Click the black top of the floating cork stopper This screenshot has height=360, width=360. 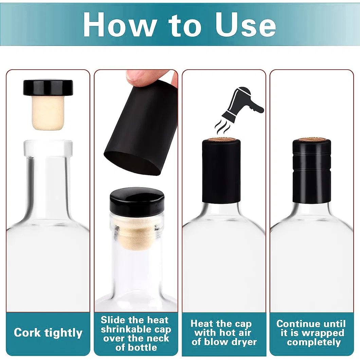[x=48, y=87]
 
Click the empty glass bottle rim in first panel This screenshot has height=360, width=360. [x=48, y=146]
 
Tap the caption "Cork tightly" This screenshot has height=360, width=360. [x=48, y=332]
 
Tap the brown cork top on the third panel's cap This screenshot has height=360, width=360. [x=221, y=140]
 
